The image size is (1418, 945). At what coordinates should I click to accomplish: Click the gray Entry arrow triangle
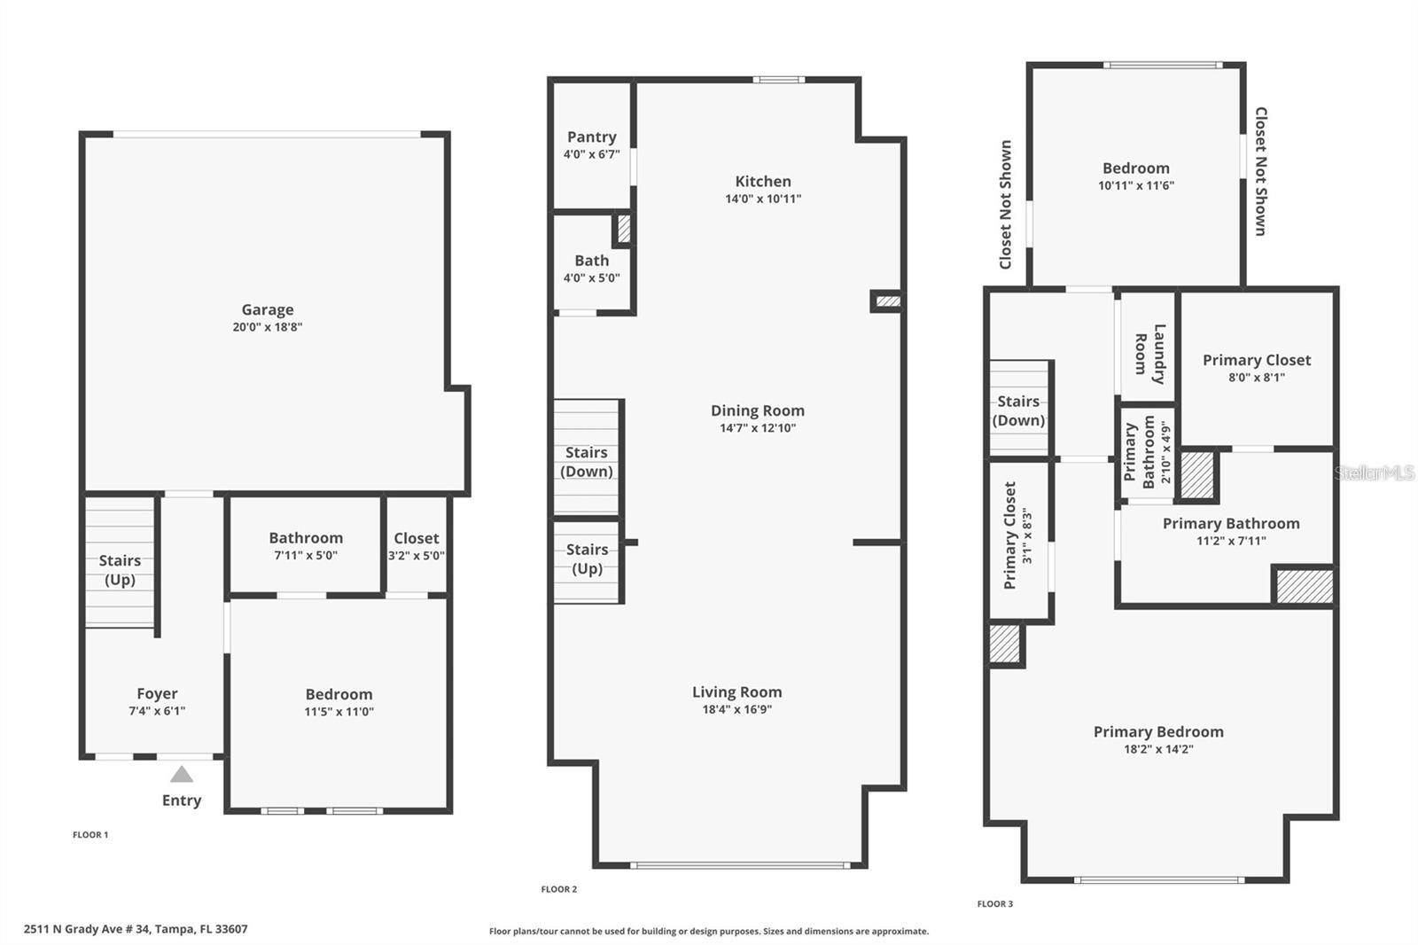182,775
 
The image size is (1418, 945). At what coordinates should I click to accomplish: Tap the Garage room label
267,309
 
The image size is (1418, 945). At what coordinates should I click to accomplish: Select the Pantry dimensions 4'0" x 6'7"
591,154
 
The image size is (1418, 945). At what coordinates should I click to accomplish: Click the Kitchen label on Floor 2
762,181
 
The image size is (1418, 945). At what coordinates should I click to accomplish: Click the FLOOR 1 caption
90,834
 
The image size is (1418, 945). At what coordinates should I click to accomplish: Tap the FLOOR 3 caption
994,903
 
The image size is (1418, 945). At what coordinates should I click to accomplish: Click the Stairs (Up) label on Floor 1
120,570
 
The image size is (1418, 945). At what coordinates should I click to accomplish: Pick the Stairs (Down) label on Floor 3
1018,410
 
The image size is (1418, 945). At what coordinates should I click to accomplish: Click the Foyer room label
157,693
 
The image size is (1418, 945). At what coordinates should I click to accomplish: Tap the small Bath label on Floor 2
591,261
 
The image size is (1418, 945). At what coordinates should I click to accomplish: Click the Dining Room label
757,410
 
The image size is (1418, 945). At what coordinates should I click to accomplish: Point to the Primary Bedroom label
1157,731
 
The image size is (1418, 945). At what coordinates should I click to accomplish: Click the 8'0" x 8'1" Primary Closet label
1256,368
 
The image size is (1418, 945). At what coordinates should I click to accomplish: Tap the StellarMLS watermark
1375,473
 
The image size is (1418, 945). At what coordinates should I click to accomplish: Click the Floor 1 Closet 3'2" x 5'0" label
416,547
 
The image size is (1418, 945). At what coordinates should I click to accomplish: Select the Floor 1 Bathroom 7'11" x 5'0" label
305,547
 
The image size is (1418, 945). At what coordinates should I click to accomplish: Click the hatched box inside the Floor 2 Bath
624,229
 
